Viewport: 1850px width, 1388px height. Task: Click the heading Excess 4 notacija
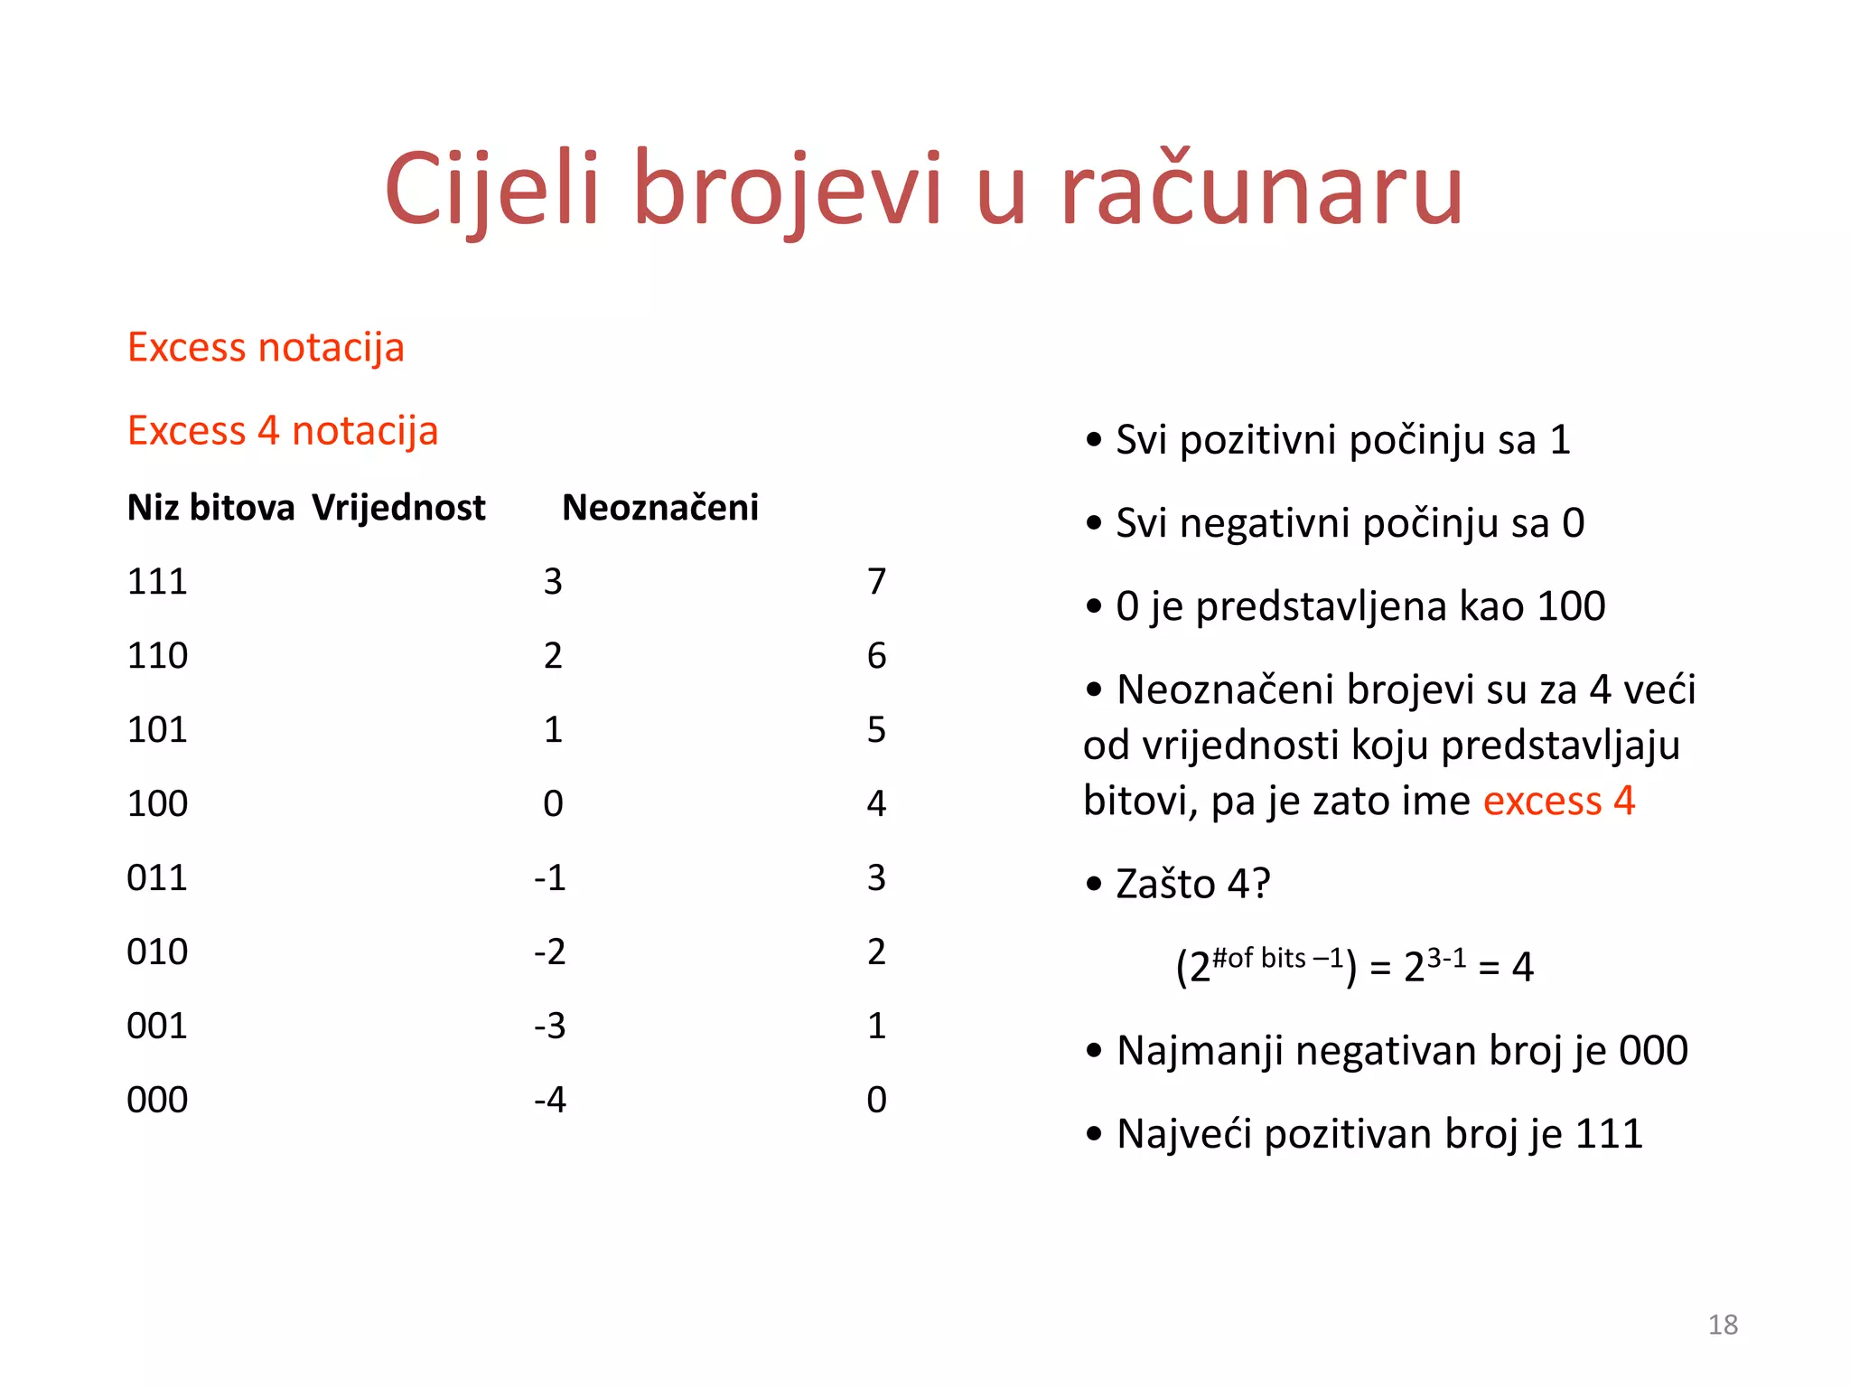pos(283,431)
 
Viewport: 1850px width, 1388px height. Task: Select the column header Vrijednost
pos(398,508)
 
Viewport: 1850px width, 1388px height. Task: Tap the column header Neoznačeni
pos(660,508)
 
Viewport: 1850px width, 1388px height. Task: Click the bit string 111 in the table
pos(157,582)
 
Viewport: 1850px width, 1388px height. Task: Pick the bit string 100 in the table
pos(157,804)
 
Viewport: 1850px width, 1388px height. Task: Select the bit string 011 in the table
pos(157,878)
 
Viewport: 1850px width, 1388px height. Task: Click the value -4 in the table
pos(550,1101)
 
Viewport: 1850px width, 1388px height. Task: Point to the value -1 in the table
pos(550,878)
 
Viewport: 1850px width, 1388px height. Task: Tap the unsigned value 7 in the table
pos(876,582)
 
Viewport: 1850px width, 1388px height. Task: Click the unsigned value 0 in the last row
pos(876,1101)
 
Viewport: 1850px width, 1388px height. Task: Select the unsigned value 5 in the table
pos(876,730)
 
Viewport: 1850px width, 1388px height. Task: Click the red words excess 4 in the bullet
pos(1558,802)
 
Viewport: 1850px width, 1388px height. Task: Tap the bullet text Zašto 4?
pos(1192,885)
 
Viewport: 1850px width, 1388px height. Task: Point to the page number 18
pos(1723,1325)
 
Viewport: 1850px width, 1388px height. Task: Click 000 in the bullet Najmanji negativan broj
pos(1653,1051)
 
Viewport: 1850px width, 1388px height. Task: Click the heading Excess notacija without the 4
pos(266,348)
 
